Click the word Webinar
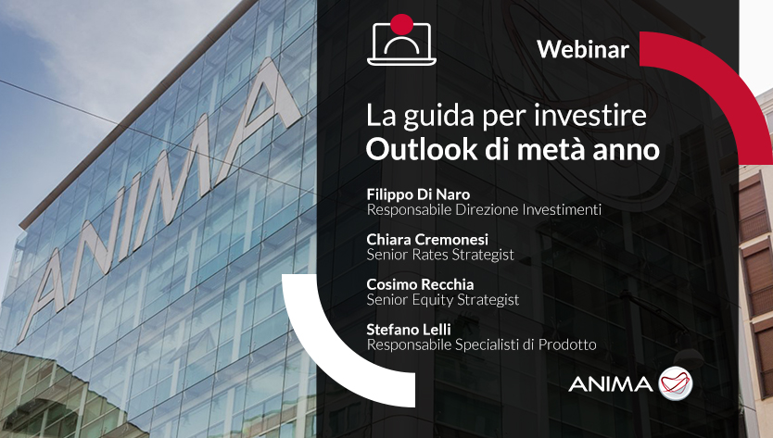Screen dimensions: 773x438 [583, 49]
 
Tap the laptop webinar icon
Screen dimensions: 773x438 [401, 43]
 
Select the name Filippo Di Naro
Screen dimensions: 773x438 [418, 194]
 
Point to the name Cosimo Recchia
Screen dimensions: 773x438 [420, 284]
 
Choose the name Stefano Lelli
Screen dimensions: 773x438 [409, 329]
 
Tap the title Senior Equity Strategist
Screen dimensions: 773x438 [443, 299]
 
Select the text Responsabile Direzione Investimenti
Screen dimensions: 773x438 [484, 210]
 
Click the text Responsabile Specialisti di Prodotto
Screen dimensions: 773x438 [481, 344]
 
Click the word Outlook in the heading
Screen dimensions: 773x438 [422, 149]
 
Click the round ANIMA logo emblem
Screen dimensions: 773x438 [676, 383]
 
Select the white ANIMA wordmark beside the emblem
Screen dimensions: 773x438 [610, 383]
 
